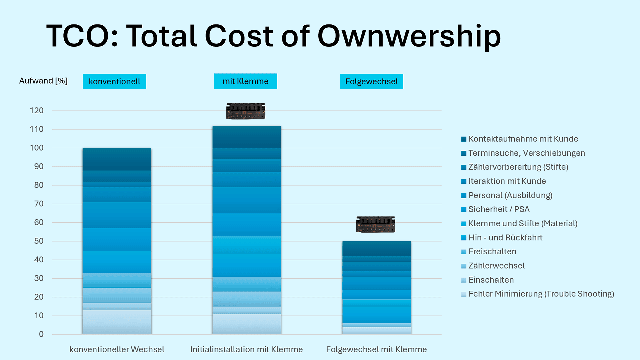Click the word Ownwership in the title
pyautogui.click(x=409, y=37)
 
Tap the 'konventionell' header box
pyautogui.click(x=114, y=82)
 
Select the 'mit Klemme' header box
pyautogui.click(x=245, y=81)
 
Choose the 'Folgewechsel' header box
pyautogui.click(x=371, y=82)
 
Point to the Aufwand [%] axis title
pyautogui.click(x=43, y=81)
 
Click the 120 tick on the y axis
pyautogui.click(x=37, y=111)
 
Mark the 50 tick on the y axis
pyautogui.click(x=39, y=241)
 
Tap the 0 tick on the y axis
pyautogui.click(x=41, y=334)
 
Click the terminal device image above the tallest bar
pyautogui.click(x=246, y=111)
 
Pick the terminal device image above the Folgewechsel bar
pyautogui.click(x=376, y=224)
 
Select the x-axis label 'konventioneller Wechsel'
pyautogui.click(x=117, y=349)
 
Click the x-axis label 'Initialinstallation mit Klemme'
pyautogui.click(x=246, y=349)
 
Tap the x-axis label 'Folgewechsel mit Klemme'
pyautogui.click(x=376, y=349)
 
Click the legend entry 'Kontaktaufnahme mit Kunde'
pyautogui.click(x=523, y=139)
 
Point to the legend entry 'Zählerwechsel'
pyautogui.click(x=496, y=266)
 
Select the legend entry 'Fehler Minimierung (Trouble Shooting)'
pyautogui.click(x=541, y=294)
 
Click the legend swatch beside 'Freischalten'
pyautogui.click(x=464, y=252)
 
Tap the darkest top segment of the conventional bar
pyautogui.click(x=117, y=159)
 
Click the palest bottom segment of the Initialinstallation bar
pyautogui.click(x=246, y=324)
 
